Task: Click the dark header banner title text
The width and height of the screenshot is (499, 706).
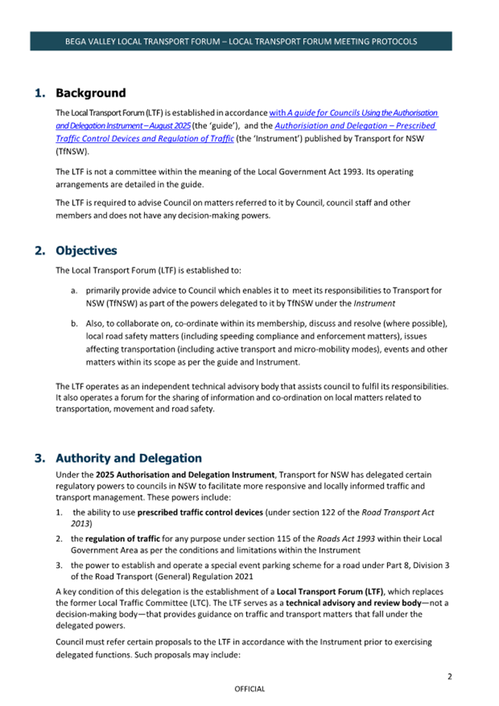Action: [x=241, y=41]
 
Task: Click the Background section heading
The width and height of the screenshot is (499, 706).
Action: [x=90, y=93]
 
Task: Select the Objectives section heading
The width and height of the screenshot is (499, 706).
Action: [x=86, y=250]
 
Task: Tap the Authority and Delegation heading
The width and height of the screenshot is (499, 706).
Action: [x=128, y=458]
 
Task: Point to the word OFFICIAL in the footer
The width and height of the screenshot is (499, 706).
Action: [x=249, y=689]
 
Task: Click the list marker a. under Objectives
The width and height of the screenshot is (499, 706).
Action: [x=75, y=291]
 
